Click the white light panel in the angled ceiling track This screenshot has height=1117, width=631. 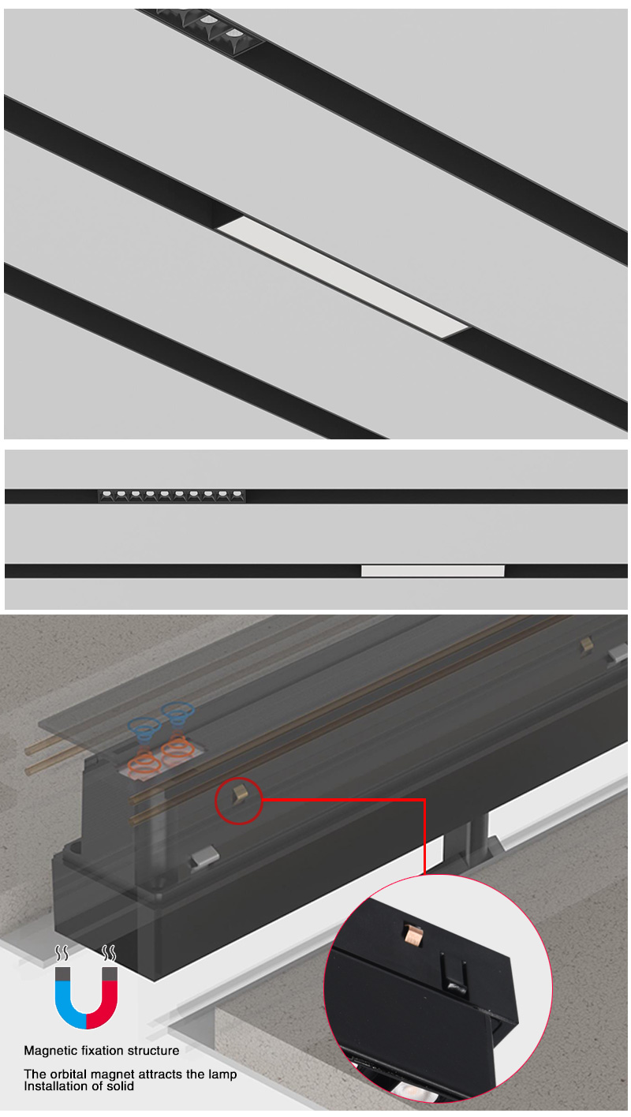point(342,277)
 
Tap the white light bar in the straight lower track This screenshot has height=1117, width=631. point(432,571)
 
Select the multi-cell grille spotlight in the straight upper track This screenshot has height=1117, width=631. point(171,495)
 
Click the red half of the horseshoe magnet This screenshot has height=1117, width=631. point(103,1003)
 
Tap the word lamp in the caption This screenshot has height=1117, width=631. point(221,1074)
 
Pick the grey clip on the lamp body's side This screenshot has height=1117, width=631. point(204,856)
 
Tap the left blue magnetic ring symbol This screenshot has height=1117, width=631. point(144,729)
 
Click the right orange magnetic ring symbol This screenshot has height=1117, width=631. point(177,746)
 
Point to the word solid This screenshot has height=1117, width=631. point(121,1086)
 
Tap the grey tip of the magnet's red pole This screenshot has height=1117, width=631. point(110,973)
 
